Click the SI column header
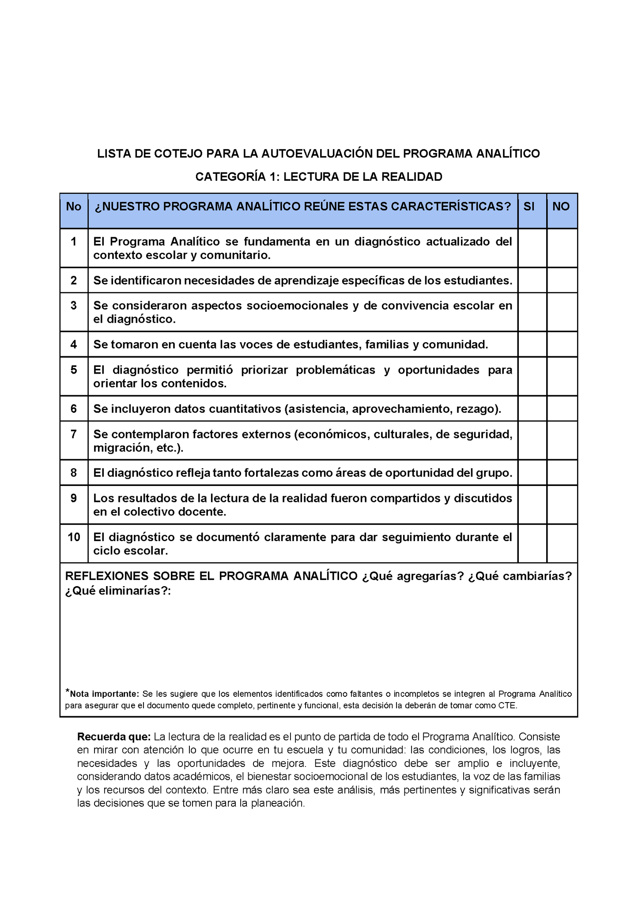(x=529, y=206)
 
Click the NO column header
(x=561, y=206)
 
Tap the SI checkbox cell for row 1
(x=532, y=248)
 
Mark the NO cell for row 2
(x=562, y=280)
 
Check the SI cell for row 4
(x=532, y=344)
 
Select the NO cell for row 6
(x=562, y=408)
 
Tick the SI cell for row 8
(x=532, y=473)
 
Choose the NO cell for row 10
(x=562, y=543)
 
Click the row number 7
(x=74, y=434)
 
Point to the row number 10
(x=74, y=537)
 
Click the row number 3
(x=74, y=306)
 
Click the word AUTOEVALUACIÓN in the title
(x=317, y=153)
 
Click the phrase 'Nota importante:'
(x=104, y=694)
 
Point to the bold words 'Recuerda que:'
(x=114, y=737)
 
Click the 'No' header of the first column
(x=74, y=206)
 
